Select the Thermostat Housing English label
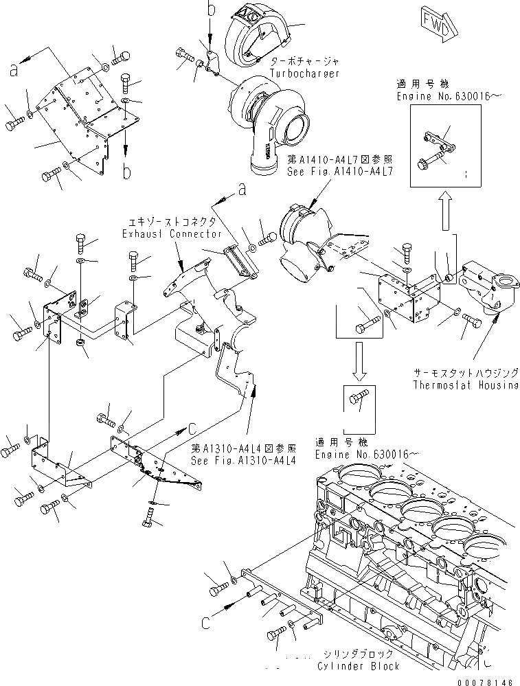466,385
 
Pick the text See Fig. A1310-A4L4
243,461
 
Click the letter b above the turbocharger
212,10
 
